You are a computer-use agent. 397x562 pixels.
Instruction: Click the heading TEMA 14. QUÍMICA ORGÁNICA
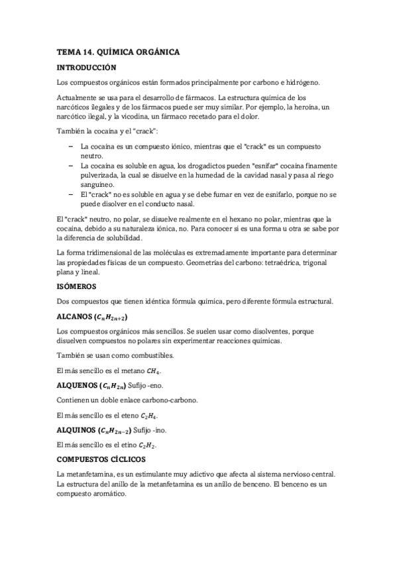pyautogui.click(x=119, y=52)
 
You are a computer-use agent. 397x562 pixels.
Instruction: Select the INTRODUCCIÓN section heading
pyautogui.click(x=87, y=67)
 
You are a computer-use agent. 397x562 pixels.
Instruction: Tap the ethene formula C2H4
pyautogui.click(x=149, y=416)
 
